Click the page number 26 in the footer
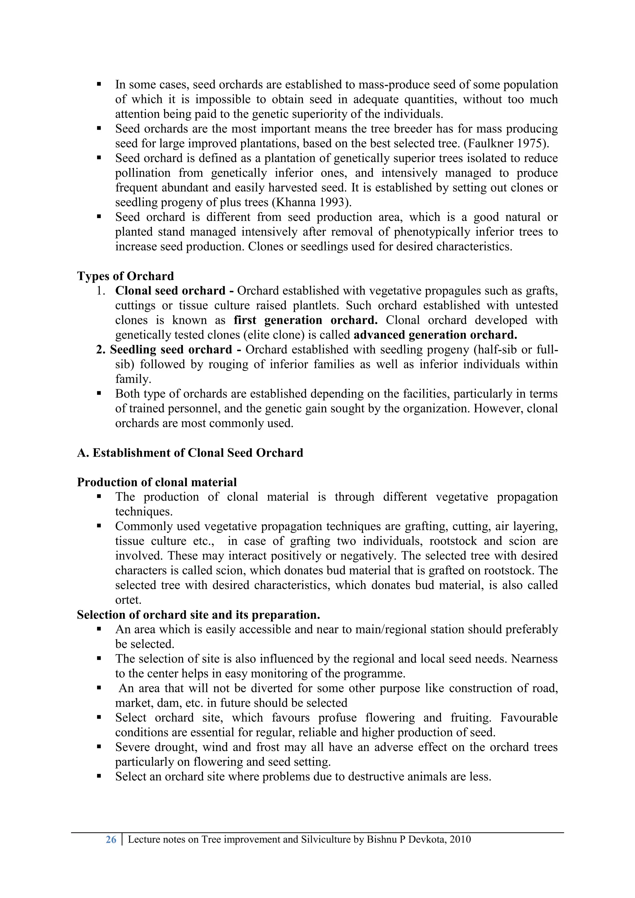click(111, 839)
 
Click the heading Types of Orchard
click(125, 276)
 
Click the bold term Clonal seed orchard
click(170, 291)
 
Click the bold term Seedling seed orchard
click(171, 350)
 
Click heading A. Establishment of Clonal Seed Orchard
click(190, 453)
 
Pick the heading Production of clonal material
click(157, 482)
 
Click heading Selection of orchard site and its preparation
click(198, 615)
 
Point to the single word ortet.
click(128, 600)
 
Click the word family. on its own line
click(133, 379)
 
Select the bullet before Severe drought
click(99, 747)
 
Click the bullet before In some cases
click(99, 84)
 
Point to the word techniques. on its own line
click(144, 512)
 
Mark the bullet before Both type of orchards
click(99, 393)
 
